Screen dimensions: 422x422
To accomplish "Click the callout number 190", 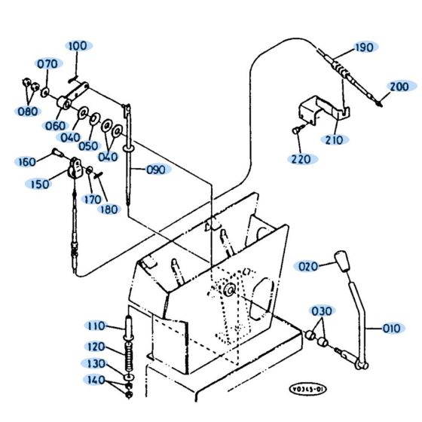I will pos(363,48).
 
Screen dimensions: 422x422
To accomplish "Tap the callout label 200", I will pos(399,87).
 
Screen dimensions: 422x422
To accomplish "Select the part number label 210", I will pos(334,139).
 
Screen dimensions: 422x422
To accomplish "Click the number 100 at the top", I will pos(77,46).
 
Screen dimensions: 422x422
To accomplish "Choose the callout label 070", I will pos(47,64).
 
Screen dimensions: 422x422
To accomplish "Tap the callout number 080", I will pos(28,112).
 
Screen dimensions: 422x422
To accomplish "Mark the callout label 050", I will pos(88,145).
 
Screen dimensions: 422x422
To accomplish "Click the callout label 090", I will pos(155,170).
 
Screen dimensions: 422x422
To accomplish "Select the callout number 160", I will pos(26,162).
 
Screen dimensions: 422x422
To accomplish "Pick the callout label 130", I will pos(96,363).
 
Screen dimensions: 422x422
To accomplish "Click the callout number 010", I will pos(391,328).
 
